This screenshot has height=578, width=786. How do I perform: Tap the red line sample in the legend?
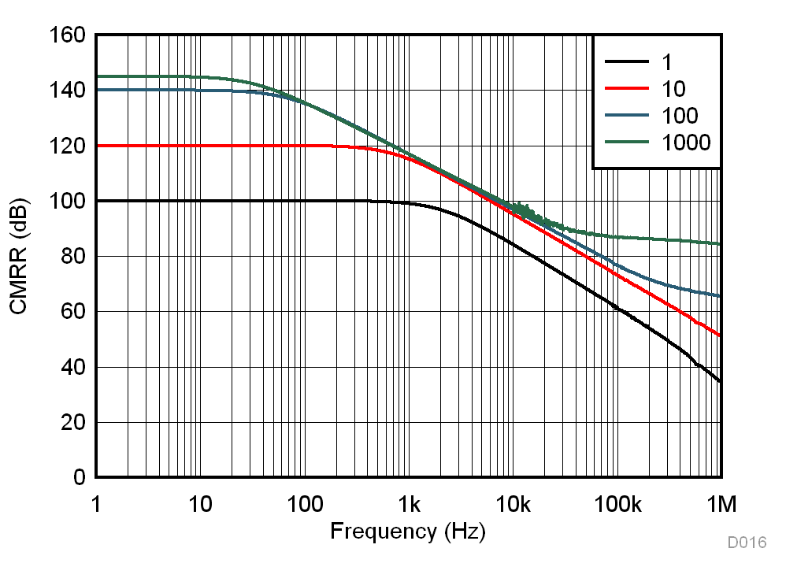point(626,88)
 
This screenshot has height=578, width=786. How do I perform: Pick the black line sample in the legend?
point(626,61)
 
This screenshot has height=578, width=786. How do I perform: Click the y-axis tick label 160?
point(68,35)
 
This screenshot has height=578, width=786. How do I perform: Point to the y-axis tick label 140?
point(68,91)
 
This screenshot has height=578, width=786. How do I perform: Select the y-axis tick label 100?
point(68,202)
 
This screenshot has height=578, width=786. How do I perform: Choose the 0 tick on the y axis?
point(78,478)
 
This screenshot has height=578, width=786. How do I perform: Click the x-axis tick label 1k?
point(409,503)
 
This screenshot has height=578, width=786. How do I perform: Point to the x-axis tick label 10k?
point(513,503)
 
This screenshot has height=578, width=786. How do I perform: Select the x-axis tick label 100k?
point(617,503)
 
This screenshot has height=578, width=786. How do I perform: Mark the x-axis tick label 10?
point(200,503)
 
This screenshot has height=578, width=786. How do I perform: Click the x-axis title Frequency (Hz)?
point(408,532)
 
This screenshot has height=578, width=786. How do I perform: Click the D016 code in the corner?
point(747,543)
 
